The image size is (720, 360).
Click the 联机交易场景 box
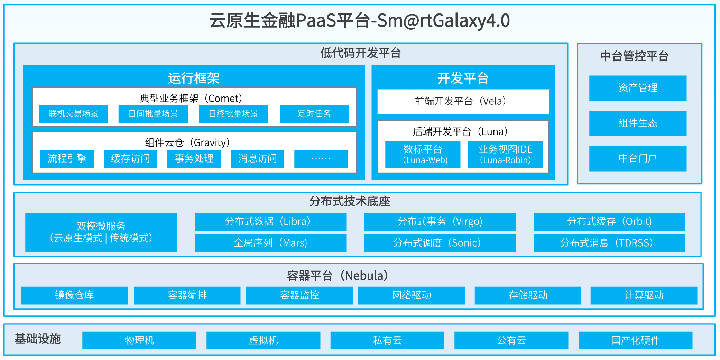point(73,113)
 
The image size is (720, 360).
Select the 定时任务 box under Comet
point(314,113)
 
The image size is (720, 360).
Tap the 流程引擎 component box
point(67,158)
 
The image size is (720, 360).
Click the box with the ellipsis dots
point(321,158)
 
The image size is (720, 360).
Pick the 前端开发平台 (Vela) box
point(463,101)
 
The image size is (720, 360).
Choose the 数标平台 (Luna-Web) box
point(423,154)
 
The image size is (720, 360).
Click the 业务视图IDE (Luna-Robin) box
point(505,154)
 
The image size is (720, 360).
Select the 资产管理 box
point(638,88)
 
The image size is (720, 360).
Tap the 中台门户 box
point(638,158)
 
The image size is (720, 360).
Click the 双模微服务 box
point(101,232)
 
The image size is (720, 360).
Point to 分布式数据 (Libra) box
point(270,221)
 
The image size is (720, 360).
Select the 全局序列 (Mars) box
point(270,243)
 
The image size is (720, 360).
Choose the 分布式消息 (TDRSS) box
point(609,243)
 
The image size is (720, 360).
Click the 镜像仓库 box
point(74,295)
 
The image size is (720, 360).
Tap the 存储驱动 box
point(528,295)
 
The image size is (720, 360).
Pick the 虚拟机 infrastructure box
point(263,340)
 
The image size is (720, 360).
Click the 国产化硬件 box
point(635,340)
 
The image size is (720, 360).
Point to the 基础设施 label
point(37,339)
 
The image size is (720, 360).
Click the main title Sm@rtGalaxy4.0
point(360,20)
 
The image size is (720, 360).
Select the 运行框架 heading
point(194,78)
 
